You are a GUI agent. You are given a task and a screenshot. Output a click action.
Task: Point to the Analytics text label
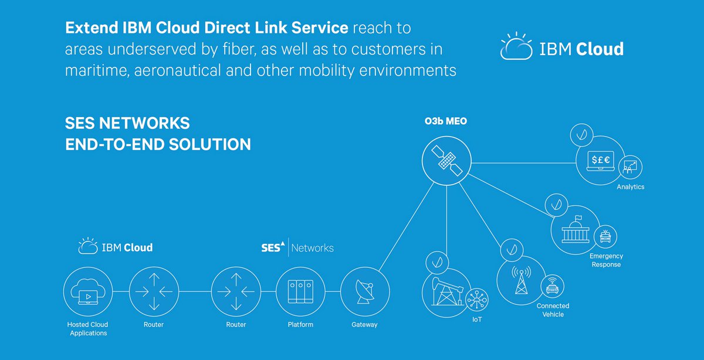click(630, 187)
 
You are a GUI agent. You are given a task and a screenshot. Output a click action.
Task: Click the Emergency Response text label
click(606, 260)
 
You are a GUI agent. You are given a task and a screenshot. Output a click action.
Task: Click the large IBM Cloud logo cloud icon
click(516, 47)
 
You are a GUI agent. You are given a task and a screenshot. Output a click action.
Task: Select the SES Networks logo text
click(297, 247)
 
